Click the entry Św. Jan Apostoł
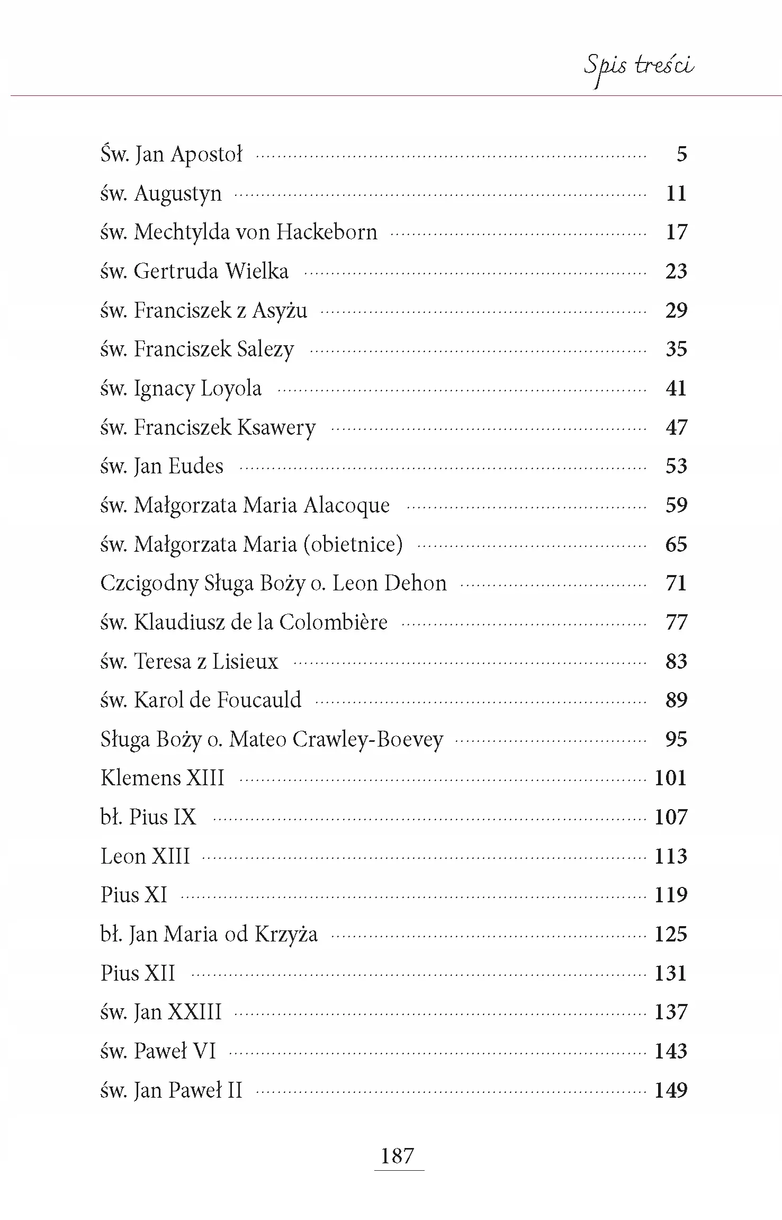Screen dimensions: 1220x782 (x=171, y=155)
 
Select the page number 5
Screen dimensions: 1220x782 (x=681, y=154)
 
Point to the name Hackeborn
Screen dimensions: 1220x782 (x=327, y=232)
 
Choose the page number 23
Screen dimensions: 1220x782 (x=676, y=271)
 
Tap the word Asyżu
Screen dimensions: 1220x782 (x=280, y=310)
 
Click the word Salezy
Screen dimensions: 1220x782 (x=265, y=349)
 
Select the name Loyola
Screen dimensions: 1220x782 (x=231, y=389)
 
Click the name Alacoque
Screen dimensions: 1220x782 (x=347, y=505)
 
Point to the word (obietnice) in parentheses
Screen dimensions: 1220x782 (x=353, y=544)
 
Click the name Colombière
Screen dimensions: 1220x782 (x=333, y=622)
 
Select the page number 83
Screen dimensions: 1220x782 (x=676, y=661)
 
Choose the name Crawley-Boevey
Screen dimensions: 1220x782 (x=367, y=740)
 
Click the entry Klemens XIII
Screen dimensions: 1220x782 (x=163, y=778)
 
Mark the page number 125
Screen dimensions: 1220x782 (x=671, y=934)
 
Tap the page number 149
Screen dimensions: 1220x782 (x=671, y=1090)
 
